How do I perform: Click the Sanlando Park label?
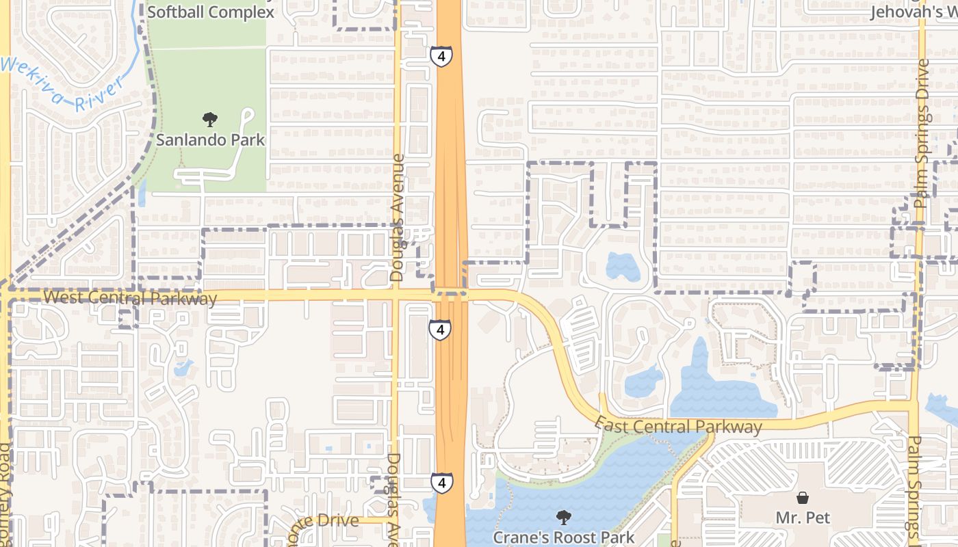(210, 140)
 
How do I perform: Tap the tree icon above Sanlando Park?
(210, 120)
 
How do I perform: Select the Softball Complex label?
(210, 12)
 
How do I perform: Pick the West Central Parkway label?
(129, 298)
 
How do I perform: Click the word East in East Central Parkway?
(610, 423)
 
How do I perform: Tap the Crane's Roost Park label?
(564, 537)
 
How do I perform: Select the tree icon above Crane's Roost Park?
(564, 518)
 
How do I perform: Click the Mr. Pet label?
(803, 518)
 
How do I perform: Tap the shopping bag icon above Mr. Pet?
(803, 498)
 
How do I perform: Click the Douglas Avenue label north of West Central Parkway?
(397, 217)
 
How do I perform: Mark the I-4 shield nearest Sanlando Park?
(441, 56)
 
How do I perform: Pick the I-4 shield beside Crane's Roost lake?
(441, 483)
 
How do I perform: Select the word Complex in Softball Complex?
(242, 12)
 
